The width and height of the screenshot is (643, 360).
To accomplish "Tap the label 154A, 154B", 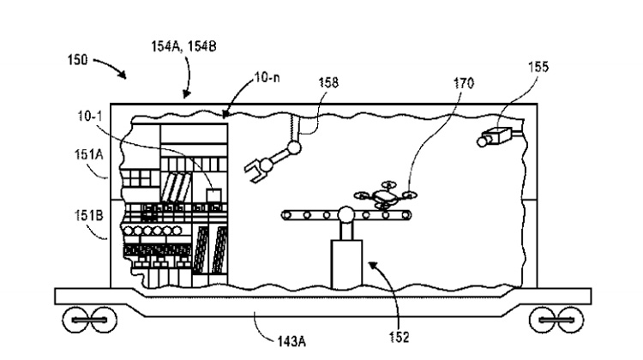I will pyautogui.click(x=185, y=46).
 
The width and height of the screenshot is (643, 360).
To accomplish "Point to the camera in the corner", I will pyautogui.click(x=496, y=135).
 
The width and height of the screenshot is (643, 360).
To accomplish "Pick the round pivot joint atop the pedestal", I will pyautogui.click(x=346, y=215).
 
